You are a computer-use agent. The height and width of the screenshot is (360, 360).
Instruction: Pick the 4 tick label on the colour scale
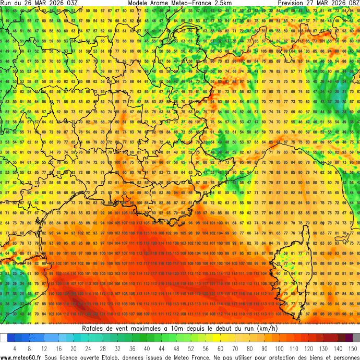pos(15,348)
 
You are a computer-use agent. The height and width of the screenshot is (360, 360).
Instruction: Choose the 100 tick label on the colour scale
pos(279,348)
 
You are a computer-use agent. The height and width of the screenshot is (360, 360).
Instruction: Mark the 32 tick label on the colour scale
pos(117,348)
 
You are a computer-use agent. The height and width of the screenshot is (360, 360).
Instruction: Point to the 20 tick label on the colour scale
pos(74,348)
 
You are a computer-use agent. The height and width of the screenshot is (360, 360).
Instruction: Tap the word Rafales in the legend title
pos(95,329)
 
